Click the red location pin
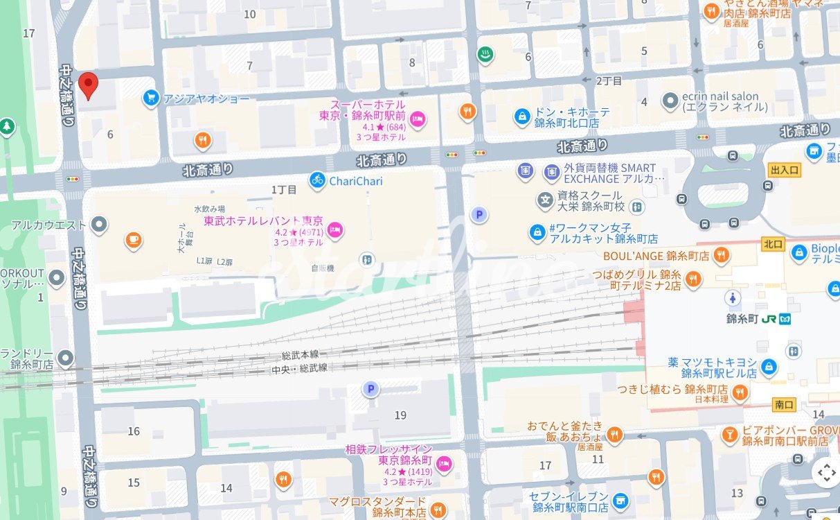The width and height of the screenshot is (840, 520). [x=88, y=85]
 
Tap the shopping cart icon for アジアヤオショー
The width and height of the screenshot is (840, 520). [x=150, y=98]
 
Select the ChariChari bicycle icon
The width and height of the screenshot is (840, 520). [x=317, y=180]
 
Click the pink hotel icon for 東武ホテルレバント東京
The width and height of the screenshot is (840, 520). [x=335, y=230]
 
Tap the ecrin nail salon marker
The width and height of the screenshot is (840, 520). [x=669, y=101]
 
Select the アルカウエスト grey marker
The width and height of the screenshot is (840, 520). [x=100, y=225]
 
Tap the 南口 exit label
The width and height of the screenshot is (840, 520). [x=784, y=404]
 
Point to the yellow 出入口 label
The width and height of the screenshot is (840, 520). [x=784, y=170]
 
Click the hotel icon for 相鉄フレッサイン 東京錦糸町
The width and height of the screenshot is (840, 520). [x=444, y=464]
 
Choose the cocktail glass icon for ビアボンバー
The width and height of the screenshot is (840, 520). [x=729, y=435]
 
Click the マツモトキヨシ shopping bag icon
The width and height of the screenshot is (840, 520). [x=768, y=366]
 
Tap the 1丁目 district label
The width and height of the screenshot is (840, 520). [x=284, y=189]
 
